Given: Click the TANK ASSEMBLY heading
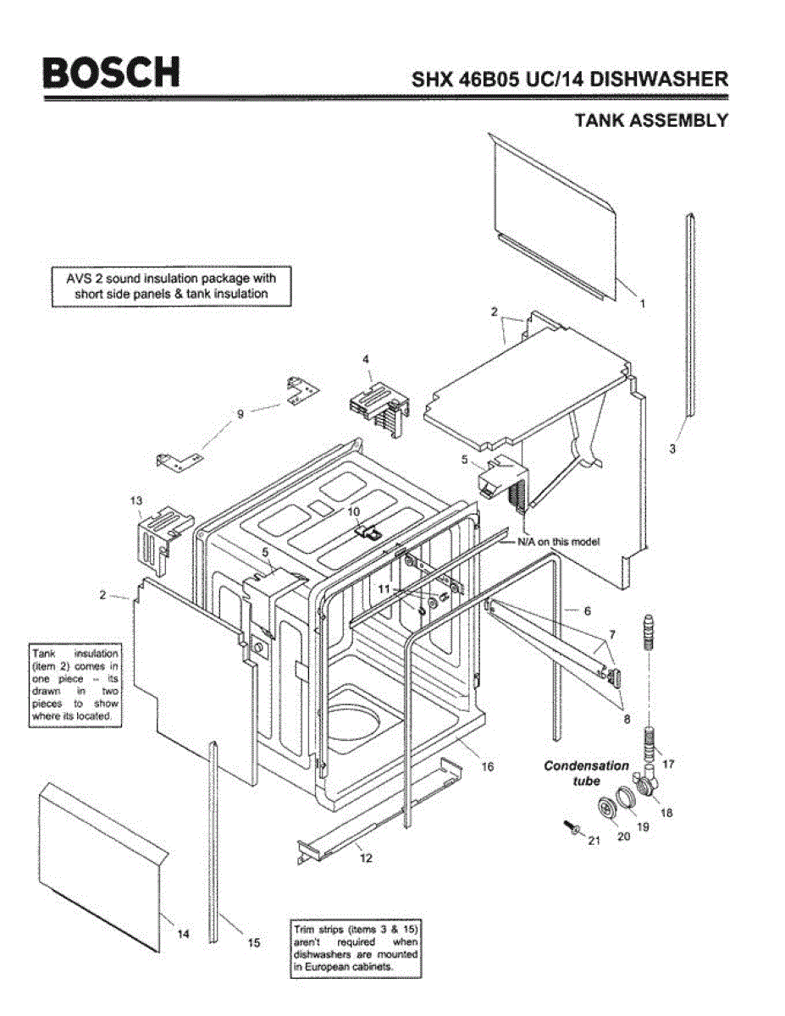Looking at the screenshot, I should (651, 120).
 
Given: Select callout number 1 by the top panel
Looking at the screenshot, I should (642, 302).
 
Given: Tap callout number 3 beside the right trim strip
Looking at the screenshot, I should (672, 450).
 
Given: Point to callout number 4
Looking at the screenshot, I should (366, 360).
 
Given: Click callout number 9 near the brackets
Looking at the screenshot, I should (240, 414).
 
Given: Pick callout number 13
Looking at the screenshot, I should (136, 501).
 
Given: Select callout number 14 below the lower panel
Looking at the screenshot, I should (183, 934).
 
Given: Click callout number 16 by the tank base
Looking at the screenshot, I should (488, 767).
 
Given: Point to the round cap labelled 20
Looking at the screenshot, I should (606, 808).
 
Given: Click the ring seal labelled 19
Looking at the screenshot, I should (625, 796).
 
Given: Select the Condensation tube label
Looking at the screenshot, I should (586, 772).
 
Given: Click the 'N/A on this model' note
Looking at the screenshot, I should (559, 542).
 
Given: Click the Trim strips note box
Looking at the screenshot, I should (355, 947).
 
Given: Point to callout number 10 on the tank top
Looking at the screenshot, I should (354, 511).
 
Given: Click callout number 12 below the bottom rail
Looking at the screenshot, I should (366, 858).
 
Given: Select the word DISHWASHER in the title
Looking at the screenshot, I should (658, 80).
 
